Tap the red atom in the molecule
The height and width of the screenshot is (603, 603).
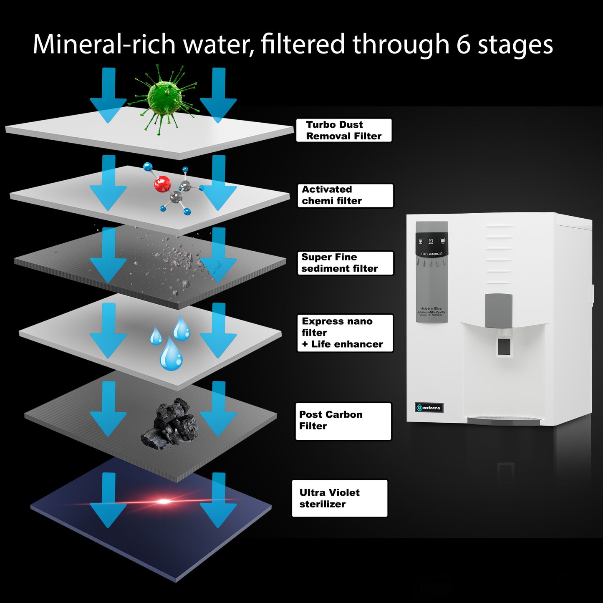click(x=162, y=184)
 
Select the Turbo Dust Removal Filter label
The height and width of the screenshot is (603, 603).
click(x=344, y=130)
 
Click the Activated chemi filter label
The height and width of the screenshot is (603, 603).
click(x=345, y=195)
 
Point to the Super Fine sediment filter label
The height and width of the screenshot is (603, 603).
click(x=345, y=263)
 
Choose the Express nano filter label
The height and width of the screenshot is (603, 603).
click(x=345, y=333)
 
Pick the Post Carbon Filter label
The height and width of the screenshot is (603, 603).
click(x=343, y=421)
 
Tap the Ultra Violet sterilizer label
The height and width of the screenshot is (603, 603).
click(x=340, y=498)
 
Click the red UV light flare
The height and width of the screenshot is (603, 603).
click(x=164, y=501)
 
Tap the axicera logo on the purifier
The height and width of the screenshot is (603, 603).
click(x=429, y=407)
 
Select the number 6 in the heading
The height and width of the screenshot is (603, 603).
click(x=463, y=44)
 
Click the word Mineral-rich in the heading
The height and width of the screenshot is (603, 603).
click(x=103, y=44)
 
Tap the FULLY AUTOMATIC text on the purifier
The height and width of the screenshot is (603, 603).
click(x=431, y=254)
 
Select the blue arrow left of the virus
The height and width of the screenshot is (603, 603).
click(x=108, y=95)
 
